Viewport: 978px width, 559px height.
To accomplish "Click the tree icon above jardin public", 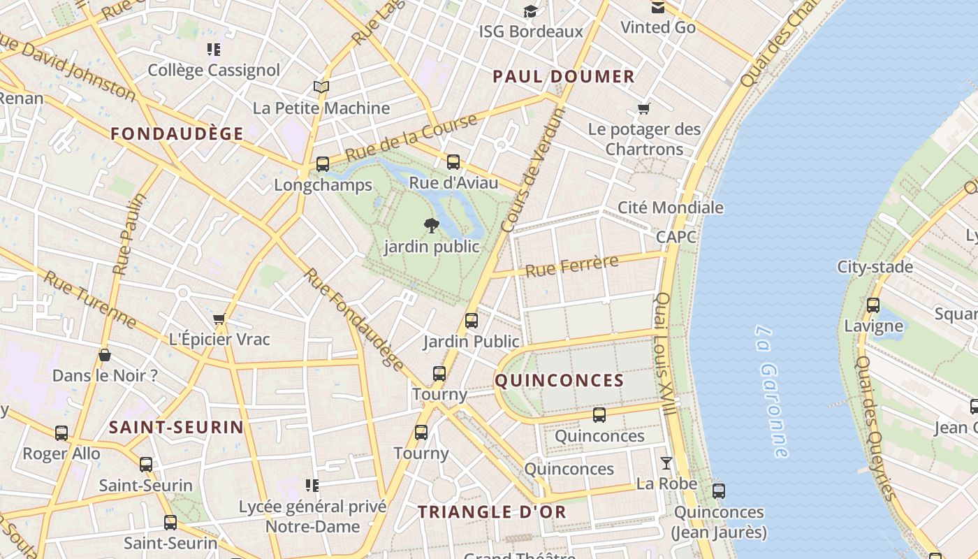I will pyautogui.click(x=432, y=225).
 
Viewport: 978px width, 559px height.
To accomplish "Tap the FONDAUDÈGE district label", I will pyautogui.click(x=177, y=133).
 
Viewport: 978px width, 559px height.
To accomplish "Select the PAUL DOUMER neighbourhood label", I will pyautogui.click(x=564, y=77).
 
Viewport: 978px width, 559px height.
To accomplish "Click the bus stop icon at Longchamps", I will pyautogui.click(x=322, y=164).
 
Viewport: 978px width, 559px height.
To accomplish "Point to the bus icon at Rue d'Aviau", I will pyautogui.click(x=453, y=162).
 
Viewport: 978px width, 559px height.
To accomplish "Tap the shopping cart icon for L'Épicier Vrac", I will pyautogui.click(x=219, y=319).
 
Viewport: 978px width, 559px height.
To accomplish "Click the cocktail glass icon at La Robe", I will pyautogui.click(x=666, y=463).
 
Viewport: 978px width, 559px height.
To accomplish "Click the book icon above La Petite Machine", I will pyautogui.click(x=321, y=87).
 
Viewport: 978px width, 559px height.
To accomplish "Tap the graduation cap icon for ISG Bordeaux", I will pyautogui.click(x=531, y=11).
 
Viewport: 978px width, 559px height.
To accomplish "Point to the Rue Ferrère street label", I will pyautogui.click(x=571, y=266).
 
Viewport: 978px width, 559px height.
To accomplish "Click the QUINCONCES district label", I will pyautogui.click(x=560, y=381).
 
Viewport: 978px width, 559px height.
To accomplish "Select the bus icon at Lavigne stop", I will pyautogui.click(x=873, y=305).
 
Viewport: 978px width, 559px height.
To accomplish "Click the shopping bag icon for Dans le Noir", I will pyautogui.click(x=105, y=355).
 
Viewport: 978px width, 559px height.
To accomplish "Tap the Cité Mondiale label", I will pyautogui.click(x=671, y=208).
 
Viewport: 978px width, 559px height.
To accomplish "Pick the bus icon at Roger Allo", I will pyautogui.click(x=61, y=433).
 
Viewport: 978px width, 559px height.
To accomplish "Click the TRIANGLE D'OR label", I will pyautogui.click(x=492, y=511).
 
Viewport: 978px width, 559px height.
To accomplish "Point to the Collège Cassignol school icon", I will pyautogui.click(x=214, y=50).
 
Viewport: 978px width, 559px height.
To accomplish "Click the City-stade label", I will pyautogui.click(x=875, y=267).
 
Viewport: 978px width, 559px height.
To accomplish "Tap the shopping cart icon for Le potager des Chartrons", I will pyautogui.click(x=643, y=108).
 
